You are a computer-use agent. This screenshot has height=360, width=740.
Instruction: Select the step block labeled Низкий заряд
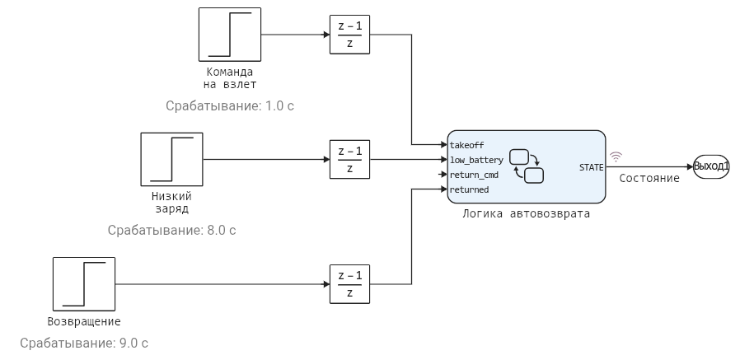click(x=171, y=160)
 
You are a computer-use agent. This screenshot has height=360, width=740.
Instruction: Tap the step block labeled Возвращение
click(x=84, y=285)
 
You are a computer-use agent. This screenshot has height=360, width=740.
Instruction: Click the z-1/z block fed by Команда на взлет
click(x=349, y=35)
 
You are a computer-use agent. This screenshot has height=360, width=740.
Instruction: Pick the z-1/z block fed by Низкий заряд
click(x=349, y=160)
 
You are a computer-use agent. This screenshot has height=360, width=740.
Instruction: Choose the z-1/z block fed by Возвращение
click(x=349, y=285)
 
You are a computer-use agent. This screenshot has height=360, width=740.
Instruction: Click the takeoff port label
click(x=466, y=145)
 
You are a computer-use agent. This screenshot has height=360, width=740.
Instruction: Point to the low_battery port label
click(x=475, y=160)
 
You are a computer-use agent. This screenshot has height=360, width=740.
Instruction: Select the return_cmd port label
click(x=474, y=175)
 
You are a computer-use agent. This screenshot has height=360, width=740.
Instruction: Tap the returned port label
click(x=469, y=189)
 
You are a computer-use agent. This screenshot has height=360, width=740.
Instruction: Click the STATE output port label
click(x=591, y=167)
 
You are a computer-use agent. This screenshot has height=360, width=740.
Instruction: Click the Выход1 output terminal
click(x=711, y=166)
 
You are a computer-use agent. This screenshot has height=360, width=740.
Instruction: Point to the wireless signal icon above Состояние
click(x=615, y=157)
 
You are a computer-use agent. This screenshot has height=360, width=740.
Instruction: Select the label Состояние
click(x=649, y=178)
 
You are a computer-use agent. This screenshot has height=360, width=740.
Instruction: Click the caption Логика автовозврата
click(x=526, y=213)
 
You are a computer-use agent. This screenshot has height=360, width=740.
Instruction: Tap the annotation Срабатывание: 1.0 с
click(x=229, y=106)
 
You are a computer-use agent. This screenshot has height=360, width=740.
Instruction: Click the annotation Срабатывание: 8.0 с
click(x=171, y=230)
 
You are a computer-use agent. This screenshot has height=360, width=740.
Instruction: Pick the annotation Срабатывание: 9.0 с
click(x=84, y=343)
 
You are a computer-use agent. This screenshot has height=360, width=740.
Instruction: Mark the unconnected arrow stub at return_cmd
click(x=443, y=175)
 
